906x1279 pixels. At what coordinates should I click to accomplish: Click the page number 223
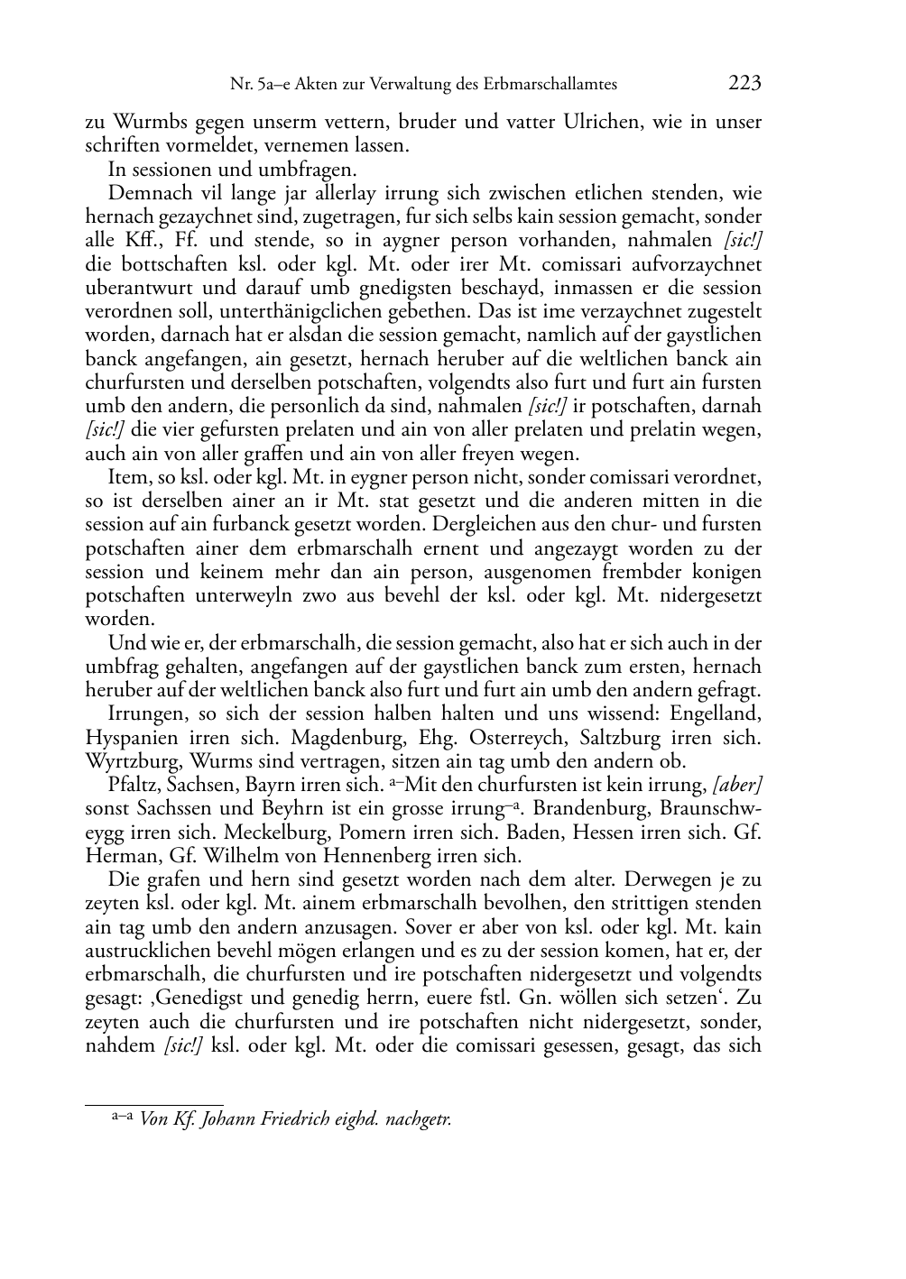745,84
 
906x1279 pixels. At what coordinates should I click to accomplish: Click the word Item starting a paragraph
124,477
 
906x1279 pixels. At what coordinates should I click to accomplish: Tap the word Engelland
717,713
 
